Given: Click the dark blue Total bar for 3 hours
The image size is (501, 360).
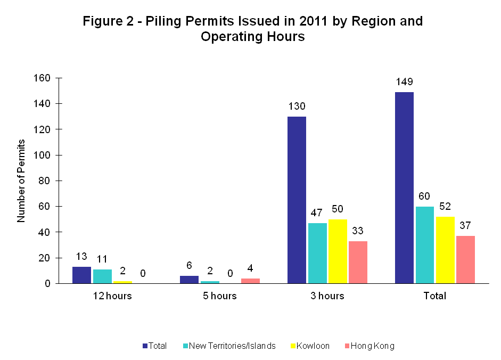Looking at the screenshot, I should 297,200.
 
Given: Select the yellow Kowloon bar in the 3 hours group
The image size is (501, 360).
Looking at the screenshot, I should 338,251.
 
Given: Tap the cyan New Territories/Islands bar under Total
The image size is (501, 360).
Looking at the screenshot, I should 424,245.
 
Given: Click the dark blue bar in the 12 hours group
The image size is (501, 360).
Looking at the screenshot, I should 81,275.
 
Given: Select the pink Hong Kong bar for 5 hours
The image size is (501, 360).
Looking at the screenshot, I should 250,281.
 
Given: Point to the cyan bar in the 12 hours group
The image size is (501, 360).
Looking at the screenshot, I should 102,276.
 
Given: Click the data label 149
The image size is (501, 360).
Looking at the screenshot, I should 404,82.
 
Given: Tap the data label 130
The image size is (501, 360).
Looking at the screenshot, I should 297,107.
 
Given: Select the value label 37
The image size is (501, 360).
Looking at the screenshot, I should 465,226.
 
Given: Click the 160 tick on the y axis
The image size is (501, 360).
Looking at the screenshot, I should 42,78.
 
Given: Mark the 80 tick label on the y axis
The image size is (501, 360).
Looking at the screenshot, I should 44,181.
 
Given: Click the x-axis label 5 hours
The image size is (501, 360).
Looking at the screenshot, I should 219,296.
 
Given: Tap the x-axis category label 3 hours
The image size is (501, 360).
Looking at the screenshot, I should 327,296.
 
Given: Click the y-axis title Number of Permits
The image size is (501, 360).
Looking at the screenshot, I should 21,181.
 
